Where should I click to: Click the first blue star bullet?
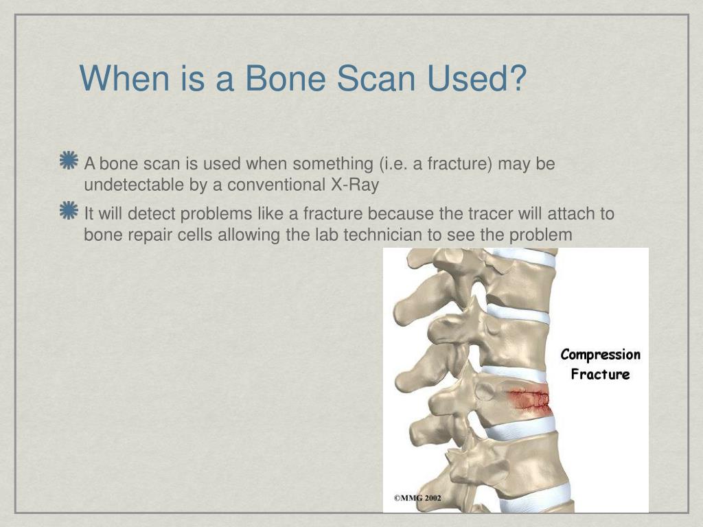[x=69, y=161]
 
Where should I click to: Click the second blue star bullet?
[x=69, y=211]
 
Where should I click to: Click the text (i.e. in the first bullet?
[x=392, y=164]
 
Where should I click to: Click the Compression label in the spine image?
[x=600, y=355]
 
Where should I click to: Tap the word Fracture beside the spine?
[x=600, y=375]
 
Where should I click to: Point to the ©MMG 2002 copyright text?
[x=417, y=498]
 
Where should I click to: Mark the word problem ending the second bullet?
[x=540, y=235]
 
